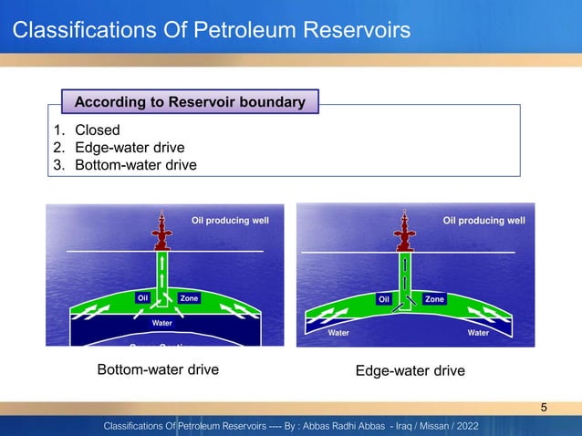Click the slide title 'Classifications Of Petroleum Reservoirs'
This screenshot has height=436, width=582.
[211, 32]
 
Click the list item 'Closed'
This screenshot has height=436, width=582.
[97, 130]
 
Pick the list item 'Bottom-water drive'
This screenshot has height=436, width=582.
[135, 164]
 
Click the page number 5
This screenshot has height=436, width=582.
[545, 407]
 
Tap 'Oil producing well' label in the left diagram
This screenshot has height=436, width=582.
[230, 221]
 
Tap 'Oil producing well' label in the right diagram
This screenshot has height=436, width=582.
[483, 221]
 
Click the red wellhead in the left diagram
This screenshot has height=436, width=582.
[161, 233]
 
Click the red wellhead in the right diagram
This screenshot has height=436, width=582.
[403, 233]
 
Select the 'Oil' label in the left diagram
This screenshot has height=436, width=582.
[142, 298]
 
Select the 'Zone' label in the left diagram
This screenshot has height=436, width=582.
[189, 298]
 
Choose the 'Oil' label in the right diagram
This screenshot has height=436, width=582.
[384, 299]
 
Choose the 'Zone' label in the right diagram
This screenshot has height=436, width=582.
[434, 299]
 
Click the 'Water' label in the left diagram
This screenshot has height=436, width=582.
[161, 322]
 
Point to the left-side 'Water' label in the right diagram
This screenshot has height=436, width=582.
[338, 333]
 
